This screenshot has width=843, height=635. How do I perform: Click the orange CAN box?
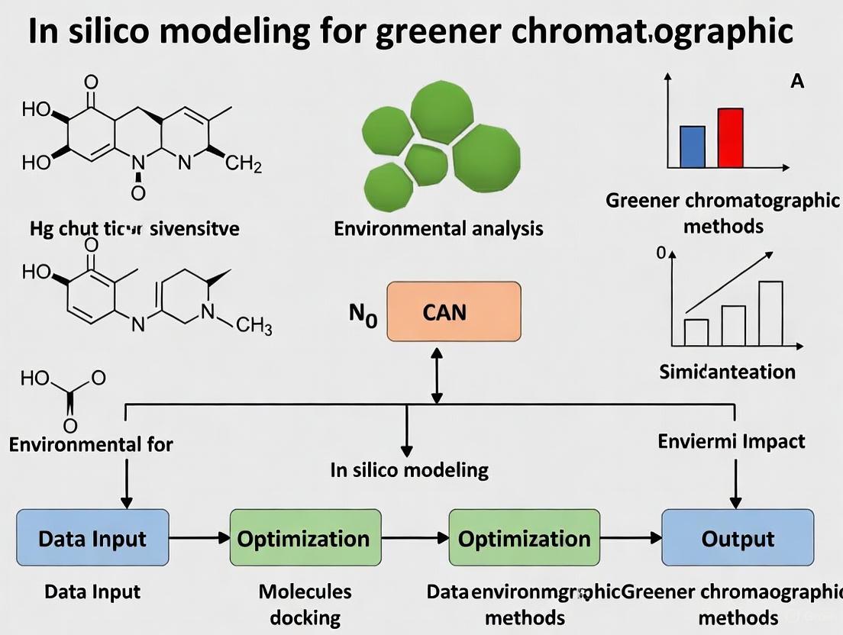tap(454, 311)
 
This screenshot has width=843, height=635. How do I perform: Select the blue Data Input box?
tap(92, 538)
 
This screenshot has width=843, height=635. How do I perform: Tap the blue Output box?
tap(737, 538)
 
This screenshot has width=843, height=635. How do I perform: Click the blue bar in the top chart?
tap(692, 147)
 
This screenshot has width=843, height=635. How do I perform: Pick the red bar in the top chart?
tap(730, 137)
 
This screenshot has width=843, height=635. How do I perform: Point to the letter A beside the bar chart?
tap(796, 81)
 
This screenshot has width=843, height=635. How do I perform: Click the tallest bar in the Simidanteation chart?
tap(770, 314)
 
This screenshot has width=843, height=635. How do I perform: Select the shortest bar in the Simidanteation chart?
tap(696, 332)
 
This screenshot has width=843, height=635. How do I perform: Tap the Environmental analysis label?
tap(438, 227)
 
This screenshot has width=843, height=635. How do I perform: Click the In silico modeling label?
tap(409, 469)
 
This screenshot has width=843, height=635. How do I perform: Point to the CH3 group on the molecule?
tap(254, 327)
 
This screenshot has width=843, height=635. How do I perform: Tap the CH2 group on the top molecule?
tap(244, 164)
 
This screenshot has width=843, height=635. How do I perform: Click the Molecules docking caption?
tap(305, 604)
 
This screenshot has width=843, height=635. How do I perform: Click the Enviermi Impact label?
tap(731, 441)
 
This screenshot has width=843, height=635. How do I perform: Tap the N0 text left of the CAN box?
tap(363, 314)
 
